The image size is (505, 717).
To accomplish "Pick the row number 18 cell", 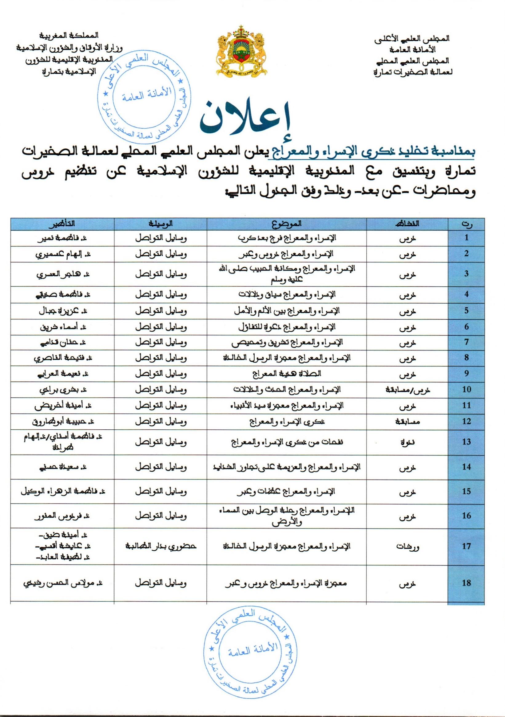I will [x=466, y=583].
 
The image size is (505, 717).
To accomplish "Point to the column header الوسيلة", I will [x=161, y=224].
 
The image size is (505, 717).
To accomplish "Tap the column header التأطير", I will [x=62, y=224].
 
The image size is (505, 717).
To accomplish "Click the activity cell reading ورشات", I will [x=407, y=547].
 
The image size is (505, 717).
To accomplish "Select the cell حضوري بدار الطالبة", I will [x=161, y=546].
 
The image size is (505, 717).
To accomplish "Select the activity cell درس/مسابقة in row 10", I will [x=407, y=389].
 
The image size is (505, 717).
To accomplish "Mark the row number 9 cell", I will [x=466, y=374].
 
